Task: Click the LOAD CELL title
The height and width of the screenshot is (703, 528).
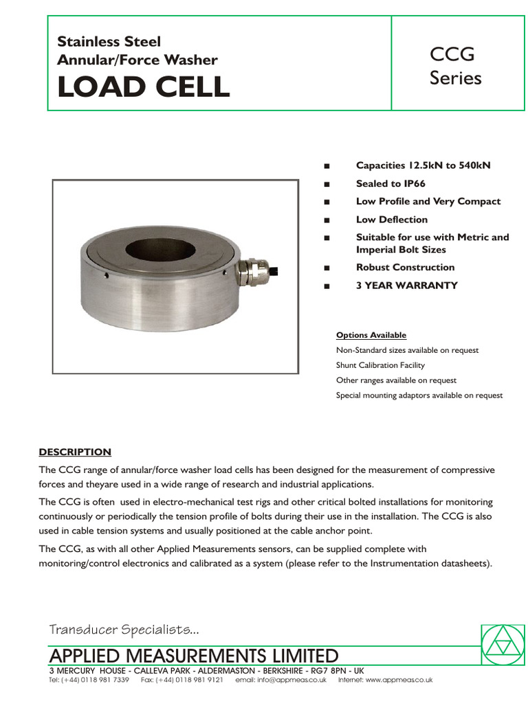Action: tap(144, 87)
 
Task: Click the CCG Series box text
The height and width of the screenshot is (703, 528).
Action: tap(455, 66)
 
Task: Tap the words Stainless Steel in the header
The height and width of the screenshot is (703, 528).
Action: tap(109, 42)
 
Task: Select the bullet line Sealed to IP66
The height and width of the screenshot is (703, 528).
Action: tap(390, 183)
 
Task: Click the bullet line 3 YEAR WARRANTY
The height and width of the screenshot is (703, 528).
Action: tap(406, 285)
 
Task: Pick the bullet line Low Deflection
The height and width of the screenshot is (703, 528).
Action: tap(391, 220)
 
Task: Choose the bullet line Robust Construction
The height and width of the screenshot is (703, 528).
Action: tap(405, 267)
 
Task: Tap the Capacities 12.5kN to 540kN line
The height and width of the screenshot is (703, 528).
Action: tap(423, 165)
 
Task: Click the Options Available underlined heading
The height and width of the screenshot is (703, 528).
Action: tap(371, 335)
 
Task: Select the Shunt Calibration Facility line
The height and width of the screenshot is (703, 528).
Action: tap(380, 365)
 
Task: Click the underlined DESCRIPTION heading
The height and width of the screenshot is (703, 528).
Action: tap(74, 452)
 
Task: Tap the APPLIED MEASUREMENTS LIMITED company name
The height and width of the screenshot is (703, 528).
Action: tap(193, 655)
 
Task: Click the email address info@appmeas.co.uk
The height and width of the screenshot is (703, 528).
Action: tap(280, 680)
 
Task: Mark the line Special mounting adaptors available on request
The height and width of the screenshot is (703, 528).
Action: tap(419, 395)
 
